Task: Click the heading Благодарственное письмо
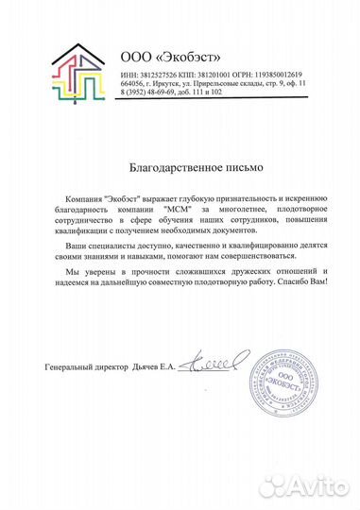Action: pyautogui.click(x=180, y=165)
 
